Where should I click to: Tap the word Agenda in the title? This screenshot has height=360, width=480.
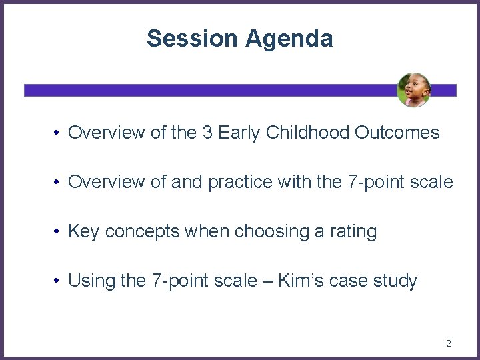tap(289, 39)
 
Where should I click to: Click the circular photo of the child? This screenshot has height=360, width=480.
tap(414, 90)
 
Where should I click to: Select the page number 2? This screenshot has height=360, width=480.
tap(448, 344)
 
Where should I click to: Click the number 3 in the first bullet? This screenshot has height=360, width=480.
tap(208, 133)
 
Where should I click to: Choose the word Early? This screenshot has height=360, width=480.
tap(241, 133)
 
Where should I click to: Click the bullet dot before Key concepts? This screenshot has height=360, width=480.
tap(58, 232)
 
